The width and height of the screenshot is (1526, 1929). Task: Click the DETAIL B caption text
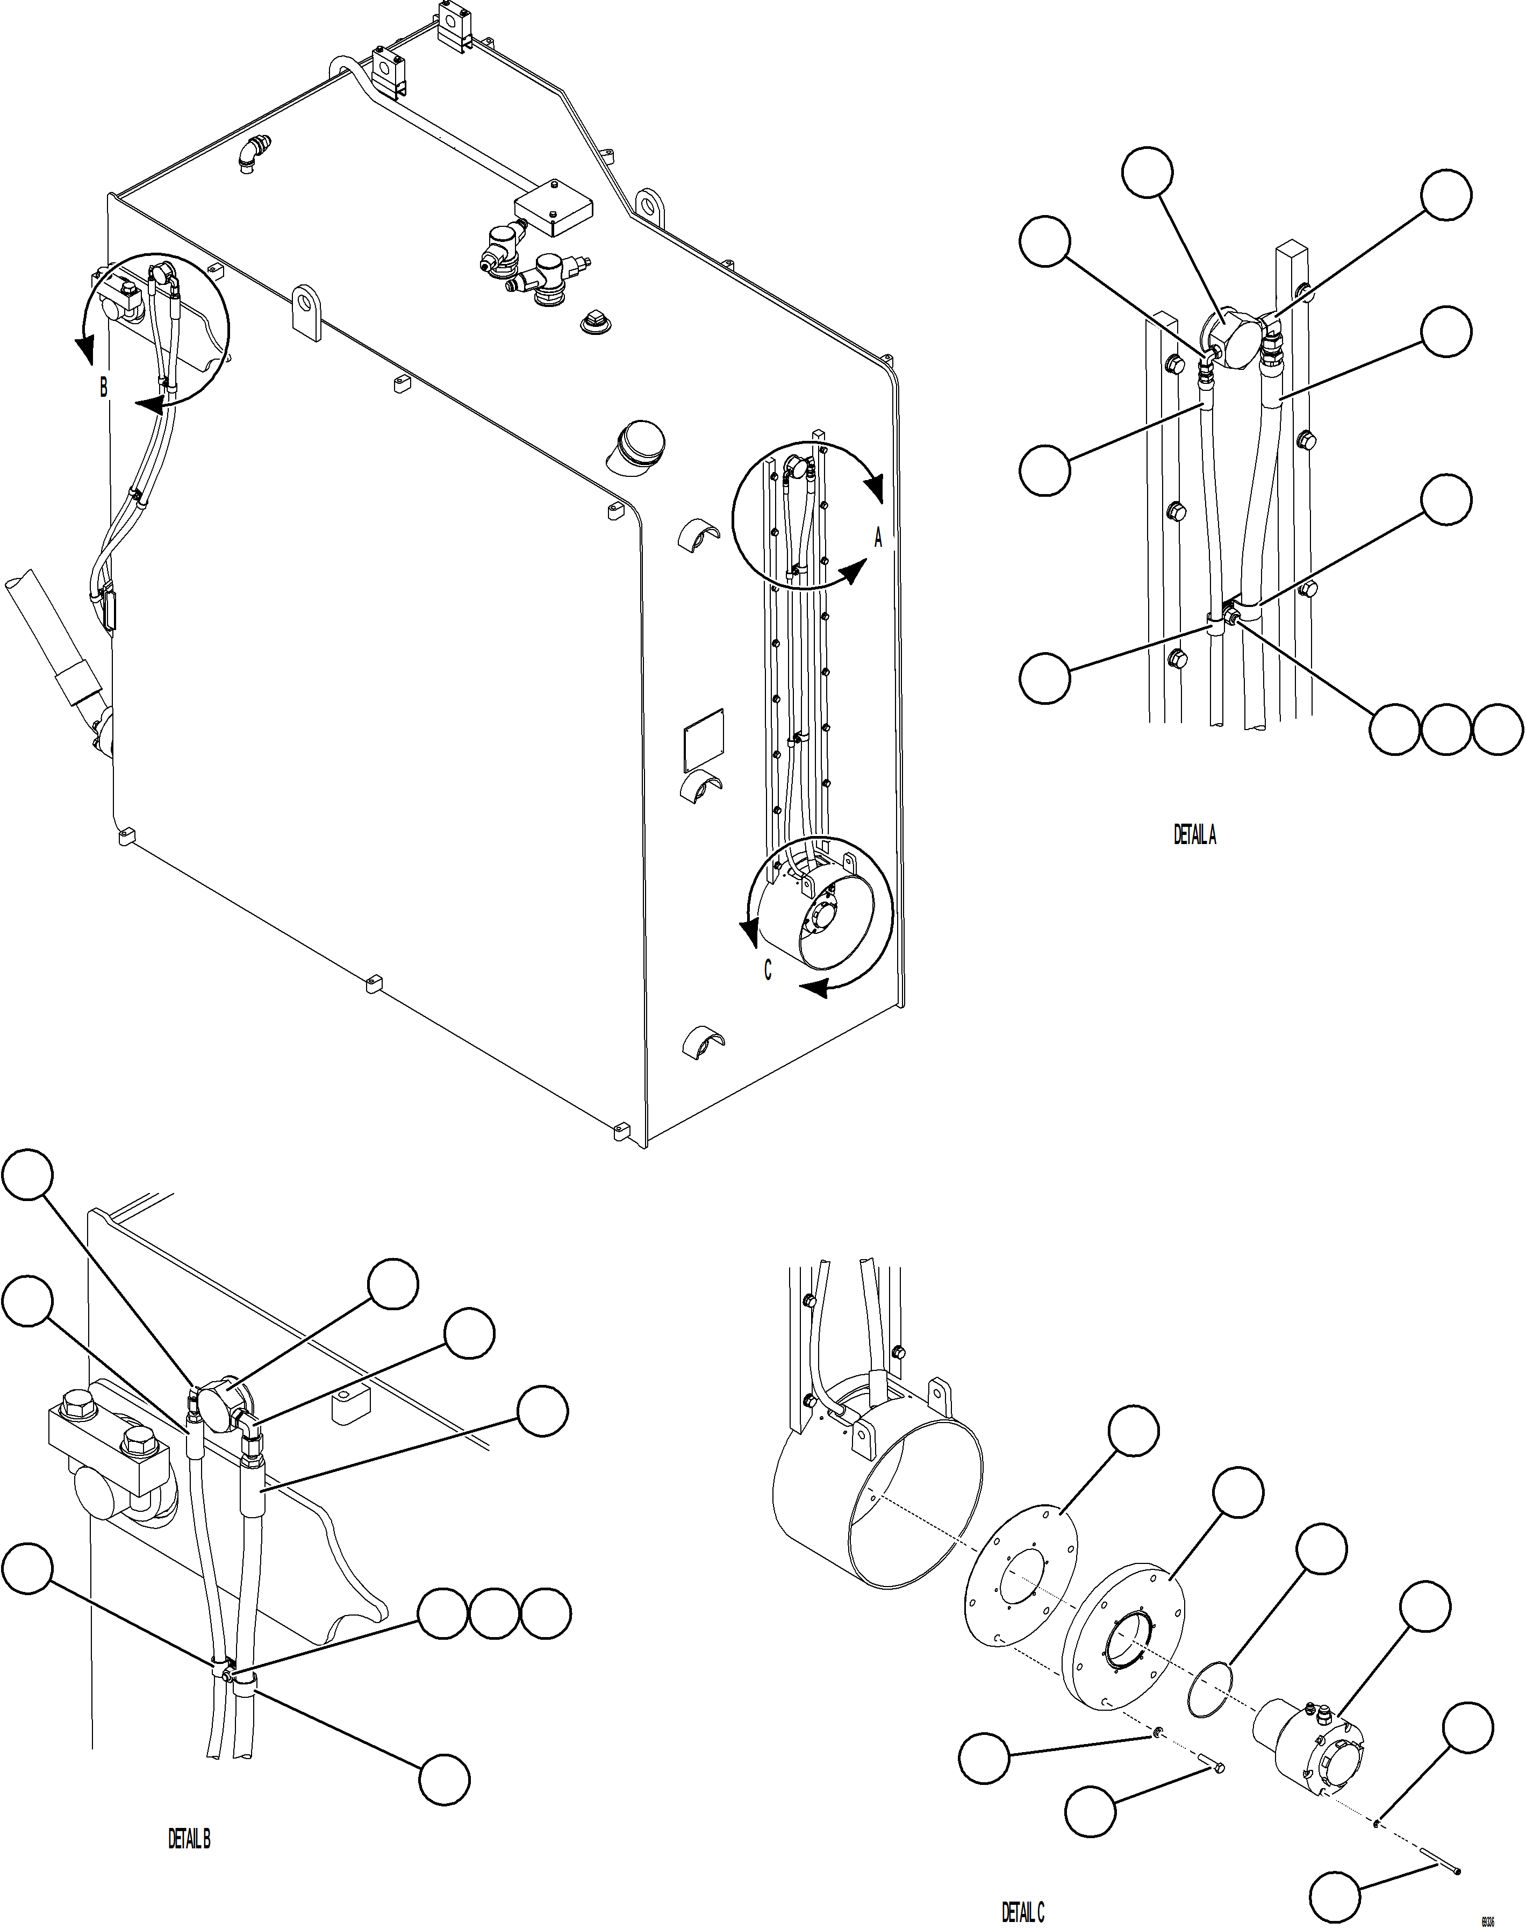point(189,1839)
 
